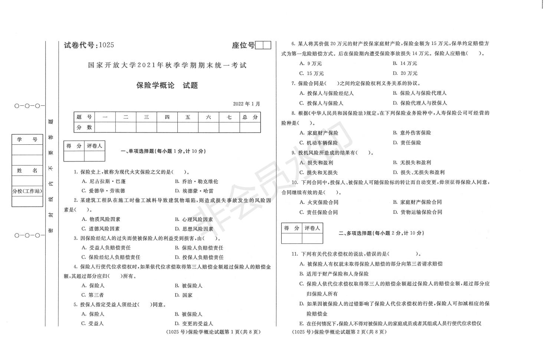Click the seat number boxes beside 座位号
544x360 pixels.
pyautogui.click(x=263, y=45)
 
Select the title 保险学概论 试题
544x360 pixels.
pyautogui.click(x=167, y=85)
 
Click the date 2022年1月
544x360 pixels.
pyautogui.click(x=247, y=104)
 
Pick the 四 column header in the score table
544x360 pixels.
pyautogui.click(x=167, y=117)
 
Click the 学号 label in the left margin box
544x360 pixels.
pyautogui.click(x=27, y=140)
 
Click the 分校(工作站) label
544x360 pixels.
pyautogui.click(x=27, y=192)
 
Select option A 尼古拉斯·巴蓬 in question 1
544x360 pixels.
pyautogui.click(x=104, y=181)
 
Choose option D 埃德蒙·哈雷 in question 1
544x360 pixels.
pyautogui.click(x=194, y=191)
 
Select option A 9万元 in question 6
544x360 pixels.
pyautogui.click(x=311, y=63)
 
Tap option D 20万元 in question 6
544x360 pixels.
pyautogui.click(x=405, y=73)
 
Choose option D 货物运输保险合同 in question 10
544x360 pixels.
pyautogui.click(x=417, y=212)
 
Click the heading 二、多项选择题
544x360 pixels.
pyautogui.click(x=381, y=233)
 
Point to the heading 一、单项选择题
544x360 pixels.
pyautogui.click(x=163, y=151)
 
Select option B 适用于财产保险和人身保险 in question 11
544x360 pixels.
pyautogui.click(x=334, y=274)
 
